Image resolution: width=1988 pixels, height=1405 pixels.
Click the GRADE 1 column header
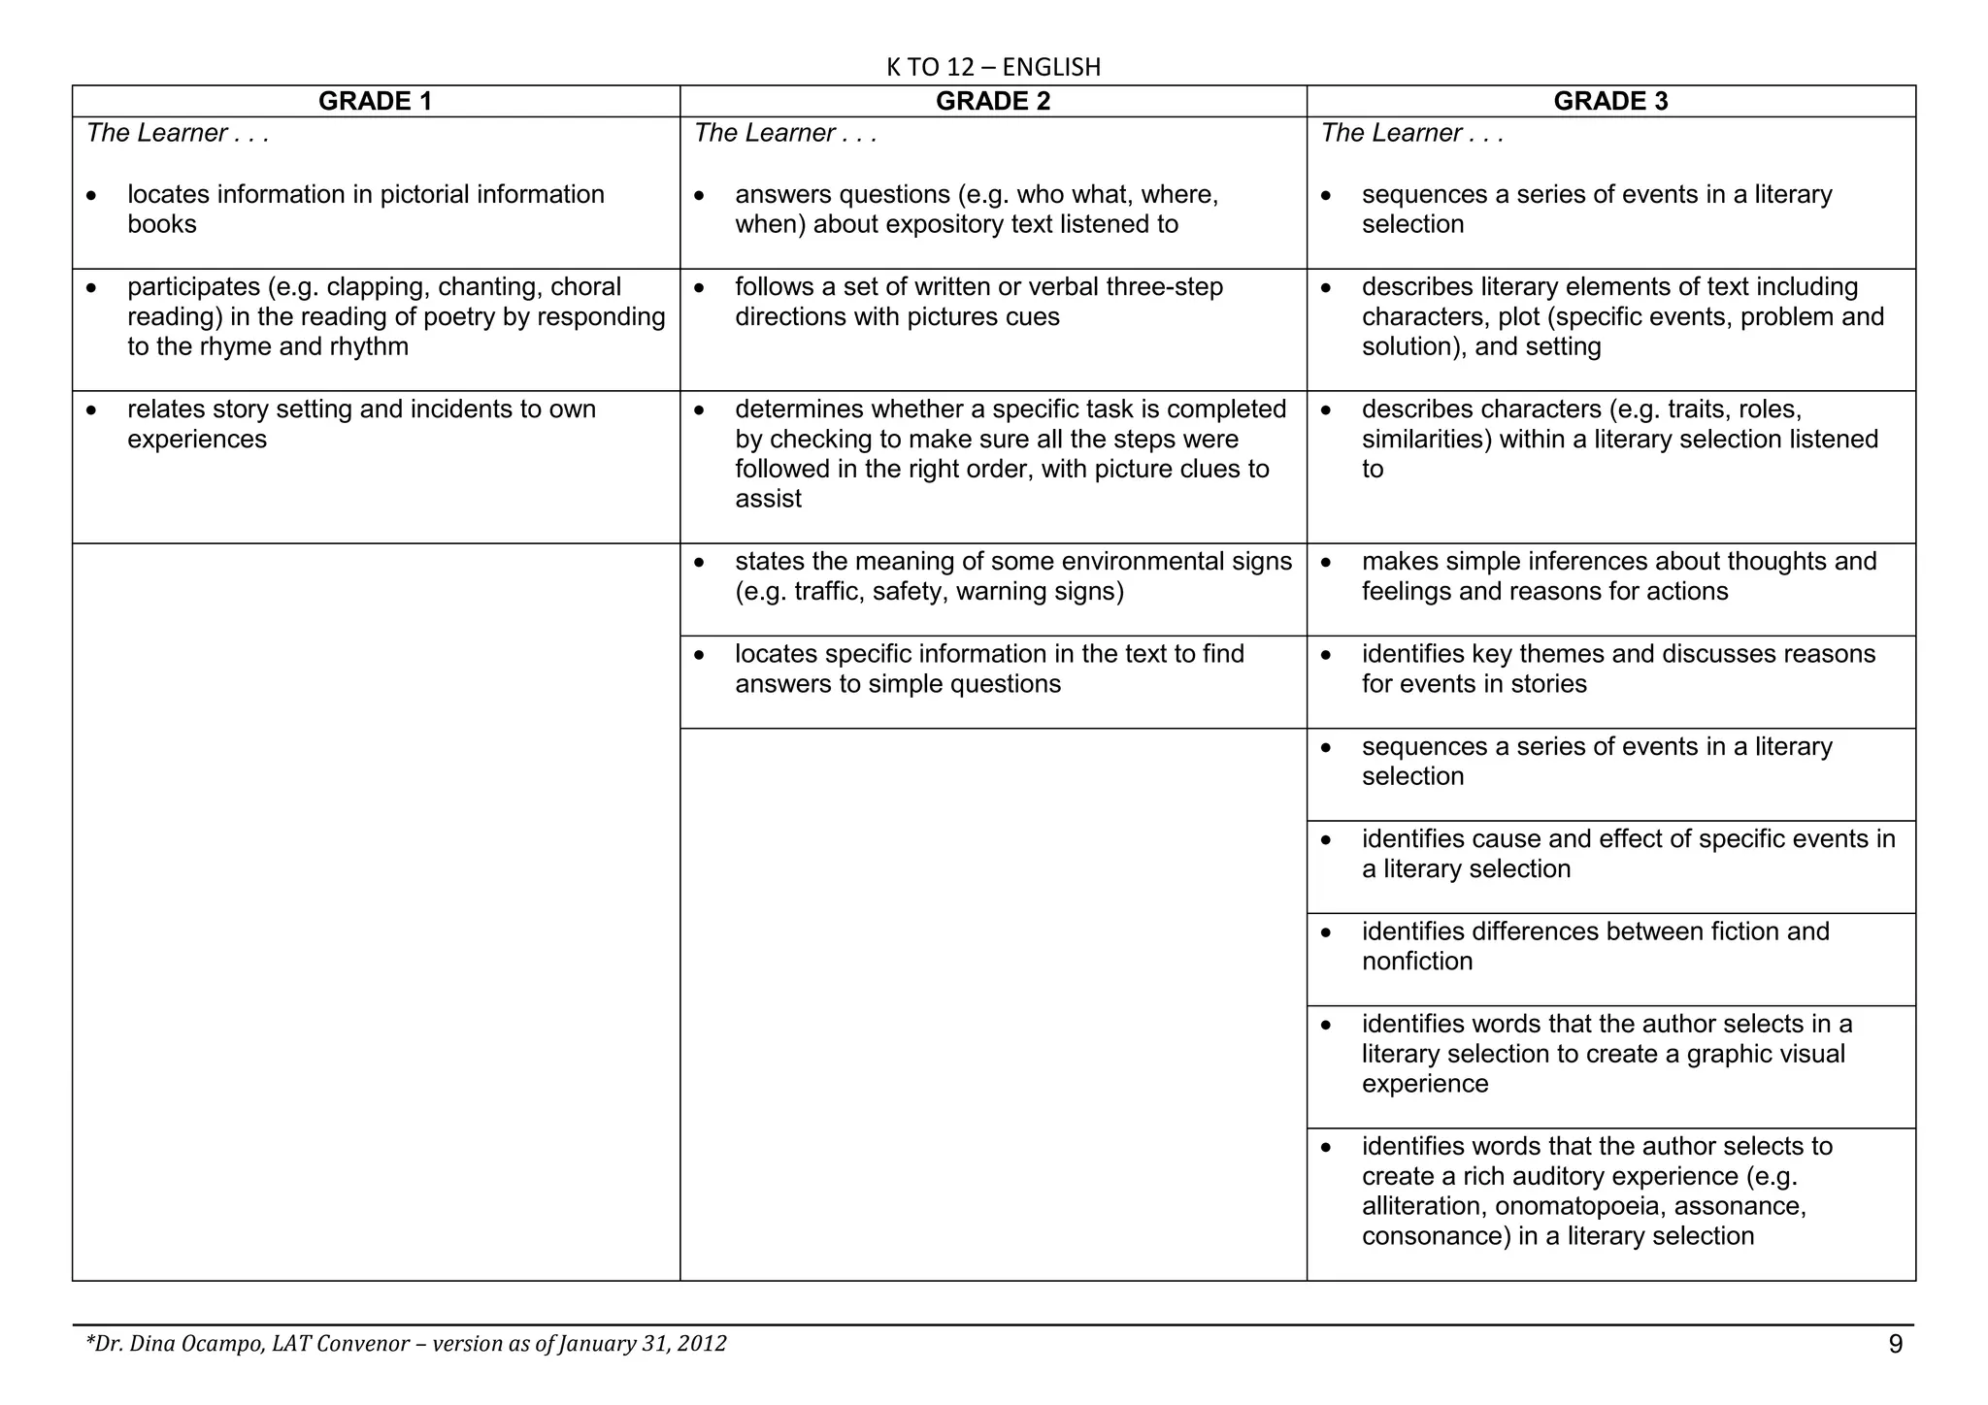pos(375,102)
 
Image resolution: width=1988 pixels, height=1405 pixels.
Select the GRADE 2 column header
pos(992,102)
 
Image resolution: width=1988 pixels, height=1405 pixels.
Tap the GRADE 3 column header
pos(1610,102)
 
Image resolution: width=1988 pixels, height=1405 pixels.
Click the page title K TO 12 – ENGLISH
pos(993,67)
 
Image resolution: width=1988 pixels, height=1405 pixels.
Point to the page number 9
pos(1895,1344)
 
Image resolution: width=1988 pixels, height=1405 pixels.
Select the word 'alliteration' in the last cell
pos(1423,1206)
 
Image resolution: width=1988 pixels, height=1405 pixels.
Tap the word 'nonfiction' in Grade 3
pos(1417,962)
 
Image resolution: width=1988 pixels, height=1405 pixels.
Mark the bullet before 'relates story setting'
pos(91,410)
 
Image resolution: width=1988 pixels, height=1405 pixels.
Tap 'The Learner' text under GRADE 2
pos(764,133)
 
